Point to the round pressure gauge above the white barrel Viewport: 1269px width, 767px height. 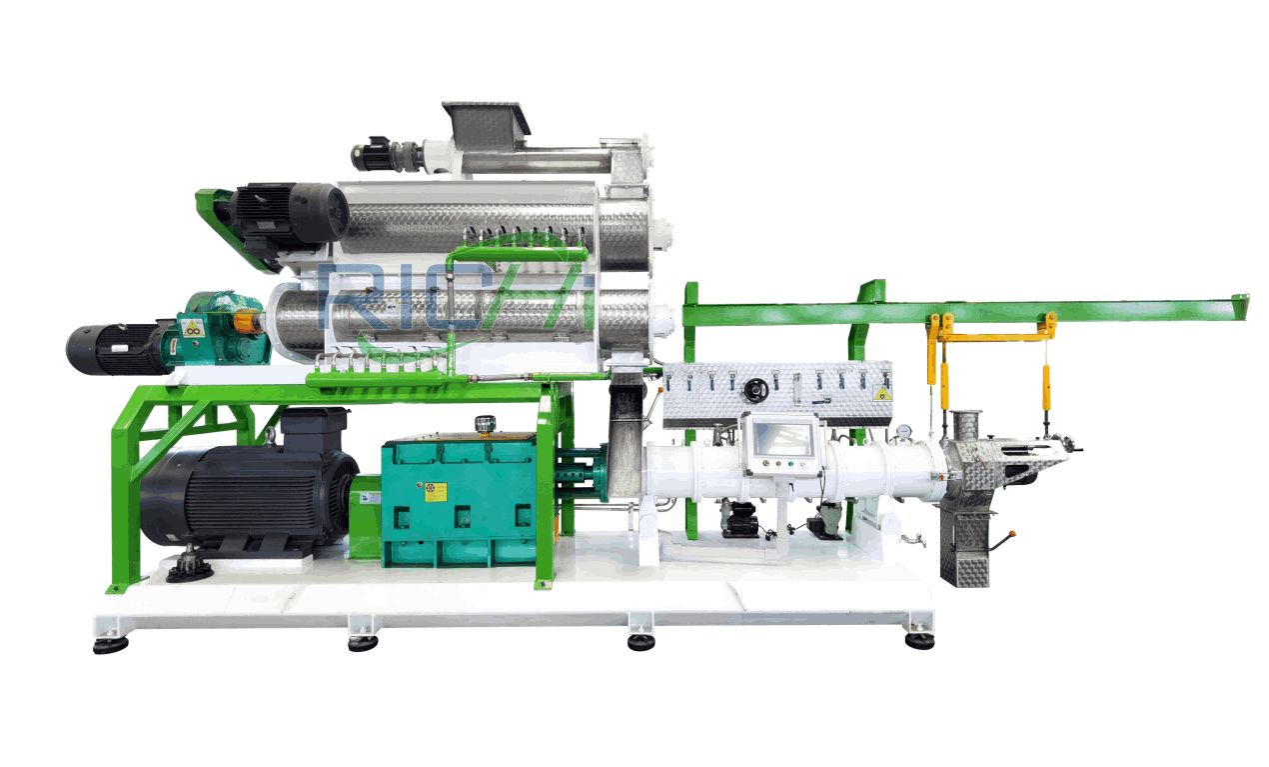903,432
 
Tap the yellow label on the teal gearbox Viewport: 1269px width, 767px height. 436,491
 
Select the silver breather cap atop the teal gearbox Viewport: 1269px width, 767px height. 485,424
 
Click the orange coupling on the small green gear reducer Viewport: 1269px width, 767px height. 243,322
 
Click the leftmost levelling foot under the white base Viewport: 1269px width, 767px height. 110,645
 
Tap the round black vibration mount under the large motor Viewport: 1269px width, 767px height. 189,571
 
